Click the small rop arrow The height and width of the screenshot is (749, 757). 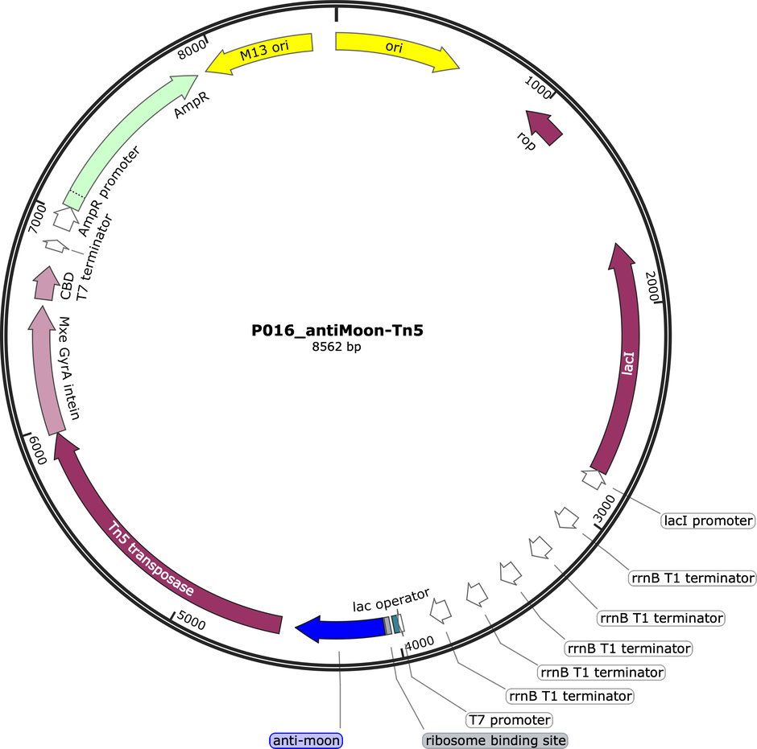point(544,126)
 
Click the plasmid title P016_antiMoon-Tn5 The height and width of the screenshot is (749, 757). point(337,331)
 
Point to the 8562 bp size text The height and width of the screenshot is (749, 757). point(337,347)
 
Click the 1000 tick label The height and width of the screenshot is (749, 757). point(538,88)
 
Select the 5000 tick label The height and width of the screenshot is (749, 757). point(191,619)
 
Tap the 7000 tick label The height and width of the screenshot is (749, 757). point(38,219)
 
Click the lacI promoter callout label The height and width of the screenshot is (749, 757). point(708,521)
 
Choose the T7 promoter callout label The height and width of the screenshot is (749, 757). point(509,720)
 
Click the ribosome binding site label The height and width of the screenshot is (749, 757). point(495,740)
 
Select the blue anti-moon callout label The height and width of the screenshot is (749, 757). point(306,740)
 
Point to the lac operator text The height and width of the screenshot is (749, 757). point(391,600)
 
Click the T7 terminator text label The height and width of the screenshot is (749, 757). point(95,258)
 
